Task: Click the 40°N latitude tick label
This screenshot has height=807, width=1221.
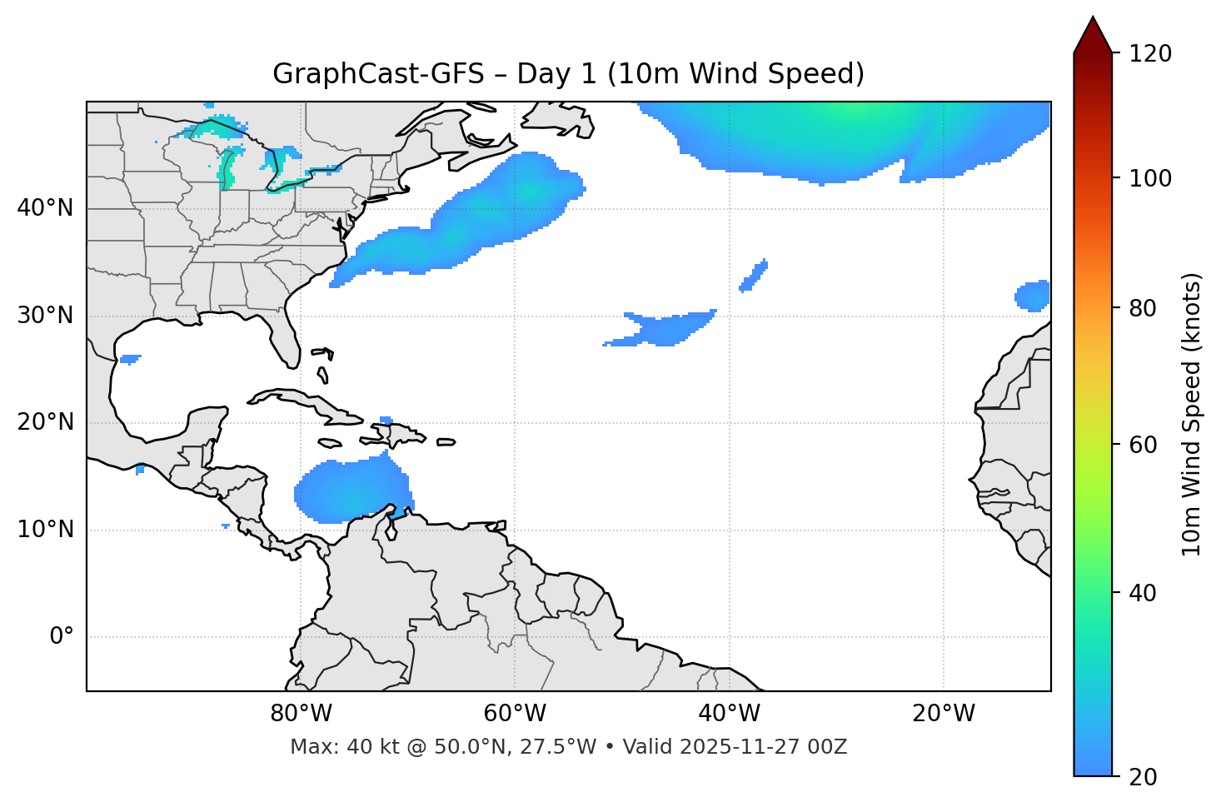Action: click(x=45, y=208)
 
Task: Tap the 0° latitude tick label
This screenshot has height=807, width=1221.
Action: click(x=62, y=637)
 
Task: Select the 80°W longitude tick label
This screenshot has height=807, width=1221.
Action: click(x=301, y=714)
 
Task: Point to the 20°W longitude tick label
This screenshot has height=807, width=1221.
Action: click(x=944, y=714)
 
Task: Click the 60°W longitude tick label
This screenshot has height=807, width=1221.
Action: click(x=515, y=714)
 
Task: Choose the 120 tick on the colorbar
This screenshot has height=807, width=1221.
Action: click(x=1150, y=53)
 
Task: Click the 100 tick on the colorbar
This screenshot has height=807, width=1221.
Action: click(x=1150, y=178)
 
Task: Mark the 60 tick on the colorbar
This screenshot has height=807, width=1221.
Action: click(x=1143, y=445)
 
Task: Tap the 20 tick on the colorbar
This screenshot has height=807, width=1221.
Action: click(x=1143, y=776)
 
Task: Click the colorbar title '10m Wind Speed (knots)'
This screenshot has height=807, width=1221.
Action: click(x=1192, y=414)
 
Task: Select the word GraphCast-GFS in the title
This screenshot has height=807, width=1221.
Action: click(x=378, y=74)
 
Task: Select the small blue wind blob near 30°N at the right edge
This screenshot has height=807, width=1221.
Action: click(x=1034, y=296)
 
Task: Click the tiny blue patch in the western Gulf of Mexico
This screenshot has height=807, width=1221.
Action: click(x=129, y=359)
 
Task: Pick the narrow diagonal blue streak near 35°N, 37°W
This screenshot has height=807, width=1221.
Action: click(x=754, y=276)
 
